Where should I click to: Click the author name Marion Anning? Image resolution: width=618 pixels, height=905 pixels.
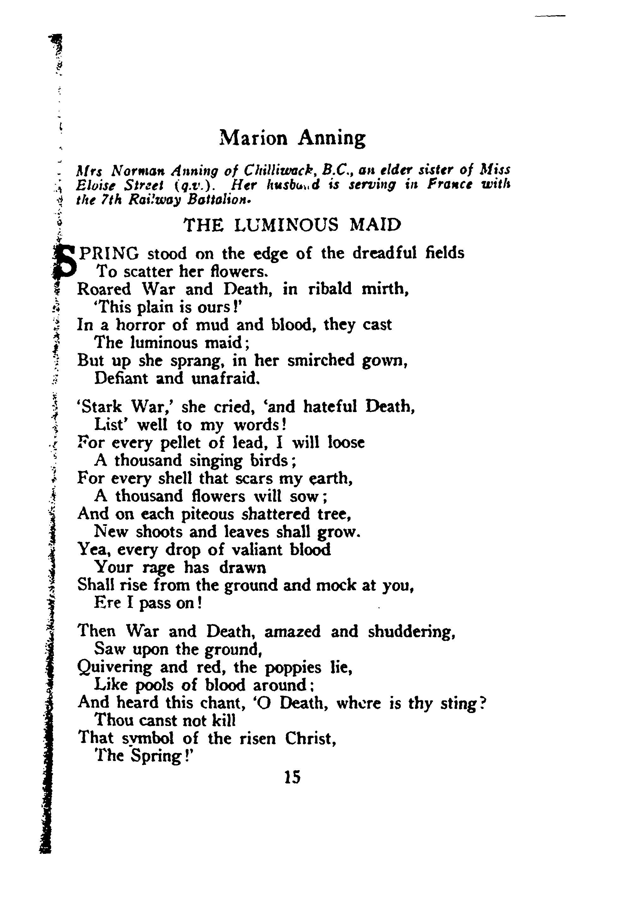[292, 138]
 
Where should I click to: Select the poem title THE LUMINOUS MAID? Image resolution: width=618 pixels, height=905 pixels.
[292, 225]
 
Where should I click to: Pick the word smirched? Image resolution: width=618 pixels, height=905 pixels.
[321, 360]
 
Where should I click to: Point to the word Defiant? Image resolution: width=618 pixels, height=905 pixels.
[121, 378]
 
